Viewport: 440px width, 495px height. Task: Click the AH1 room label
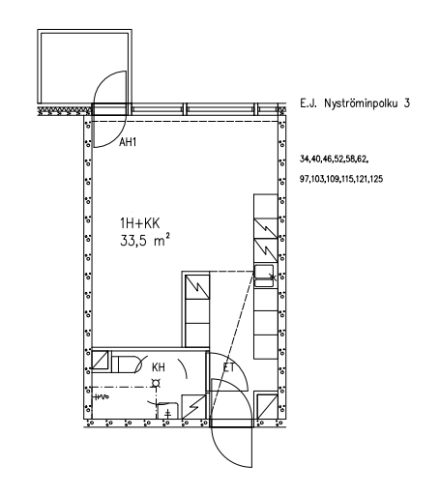point(128,142)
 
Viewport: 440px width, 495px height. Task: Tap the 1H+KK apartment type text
point(139,223)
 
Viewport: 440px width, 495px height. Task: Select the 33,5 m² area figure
point(145,240)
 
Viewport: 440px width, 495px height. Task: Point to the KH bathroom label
point(159,367)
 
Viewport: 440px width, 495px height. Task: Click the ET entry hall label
point(229,367)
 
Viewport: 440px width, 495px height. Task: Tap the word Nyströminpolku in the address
point(361,103)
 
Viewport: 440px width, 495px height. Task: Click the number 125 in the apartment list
point(376,179)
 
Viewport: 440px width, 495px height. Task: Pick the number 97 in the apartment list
point(304,179)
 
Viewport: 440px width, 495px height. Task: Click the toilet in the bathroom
point(127,364)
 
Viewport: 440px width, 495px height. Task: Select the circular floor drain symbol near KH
point(156,383)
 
